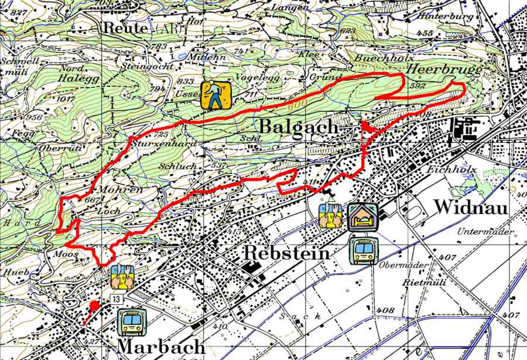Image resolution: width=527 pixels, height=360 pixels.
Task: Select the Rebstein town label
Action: [286, 253]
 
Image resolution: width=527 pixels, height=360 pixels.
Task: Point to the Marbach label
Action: [161, 346]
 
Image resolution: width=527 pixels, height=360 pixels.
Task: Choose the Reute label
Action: [125, 28]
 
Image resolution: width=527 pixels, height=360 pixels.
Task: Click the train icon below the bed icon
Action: [364, 251]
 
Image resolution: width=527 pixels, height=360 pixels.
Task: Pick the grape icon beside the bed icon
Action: [331, 215]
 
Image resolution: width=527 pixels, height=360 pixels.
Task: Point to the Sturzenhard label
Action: [155, 143]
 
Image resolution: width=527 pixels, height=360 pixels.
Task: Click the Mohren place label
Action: [121, 190]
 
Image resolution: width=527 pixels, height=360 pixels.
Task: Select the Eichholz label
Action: [461, 170]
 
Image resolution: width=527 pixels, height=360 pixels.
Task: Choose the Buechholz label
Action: [384, 59]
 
